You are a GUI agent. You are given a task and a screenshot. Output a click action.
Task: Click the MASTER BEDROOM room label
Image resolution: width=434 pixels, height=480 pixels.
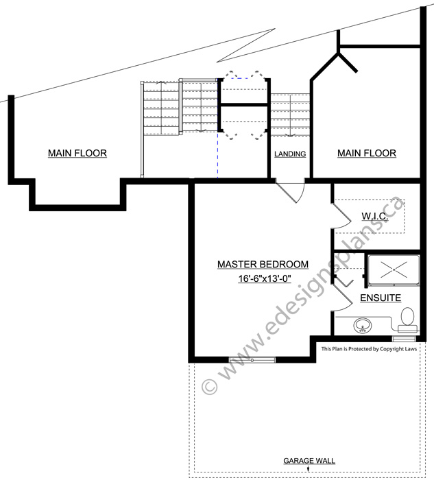[x=263, y=264]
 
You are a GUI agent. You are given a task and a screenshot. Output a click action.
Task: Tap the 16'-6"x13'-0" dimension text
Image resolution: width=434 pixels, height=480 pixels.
[x=265, y=278]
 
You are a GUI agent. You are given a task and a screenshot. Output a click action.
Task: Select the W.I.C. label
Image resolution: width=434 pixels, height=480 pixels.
[x=374, y=216]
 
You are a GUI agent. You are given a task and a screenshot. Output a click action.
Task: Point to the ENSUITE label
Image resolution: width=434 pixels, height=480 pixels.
[x=381, y=298]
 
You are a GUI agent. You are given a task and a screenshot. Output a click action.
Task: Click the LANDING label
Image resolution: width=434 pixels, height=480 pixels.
[x=290, y=154]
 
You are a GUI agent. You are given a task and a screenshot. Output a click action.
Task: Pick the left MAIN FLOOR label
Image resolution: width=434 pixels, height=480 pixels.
[x=77, y=153]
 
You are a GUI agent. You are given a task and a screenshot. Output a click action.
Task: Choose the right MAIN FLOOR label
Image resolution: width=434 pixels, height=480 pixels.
[x=367, y=153]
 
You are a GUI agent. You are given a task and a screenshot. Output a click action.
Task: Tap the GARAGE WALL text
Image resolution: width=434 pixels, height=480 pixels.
[x=309, y=461]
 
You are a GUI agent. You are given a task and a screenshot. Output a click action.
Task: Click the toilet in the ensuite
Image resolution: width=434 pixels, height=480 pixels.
[x=407, y=320]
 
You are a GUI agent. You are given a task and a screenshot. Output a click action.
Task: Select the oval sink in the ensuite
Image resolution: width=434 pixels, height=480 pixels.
[x=363, y=326]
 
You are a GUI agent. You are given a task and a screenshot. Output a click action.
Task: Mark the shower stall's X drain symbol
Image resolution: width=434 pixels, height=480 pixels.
[x=394, y=269]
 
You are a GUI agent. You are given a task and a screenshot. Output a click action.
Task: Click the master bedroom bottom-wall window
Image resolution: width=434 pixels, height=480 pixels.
[x=252, y=360]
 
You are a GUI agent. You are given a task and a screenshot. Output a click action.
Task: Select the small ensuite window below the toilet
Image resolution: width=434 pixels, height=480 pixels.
[x=405, y=339]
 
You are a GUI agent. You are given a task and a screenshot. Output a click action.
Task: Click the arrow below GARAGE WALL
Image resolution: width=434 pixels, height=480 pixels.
[x=309, y=469]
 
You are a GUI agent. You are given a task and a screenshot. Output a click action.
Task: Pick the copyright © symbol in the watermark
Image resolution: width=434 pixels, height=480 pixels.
[x=210, y=386]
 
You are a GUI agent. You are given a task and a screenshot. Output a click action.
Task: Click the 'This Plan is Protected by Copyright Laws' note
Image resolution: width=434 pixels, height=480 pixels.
[x=369, y=349]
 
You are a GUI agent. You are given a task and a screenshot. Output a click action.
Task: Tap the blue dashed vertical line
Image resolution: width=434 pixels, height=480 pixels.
[x=217, y=154]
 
